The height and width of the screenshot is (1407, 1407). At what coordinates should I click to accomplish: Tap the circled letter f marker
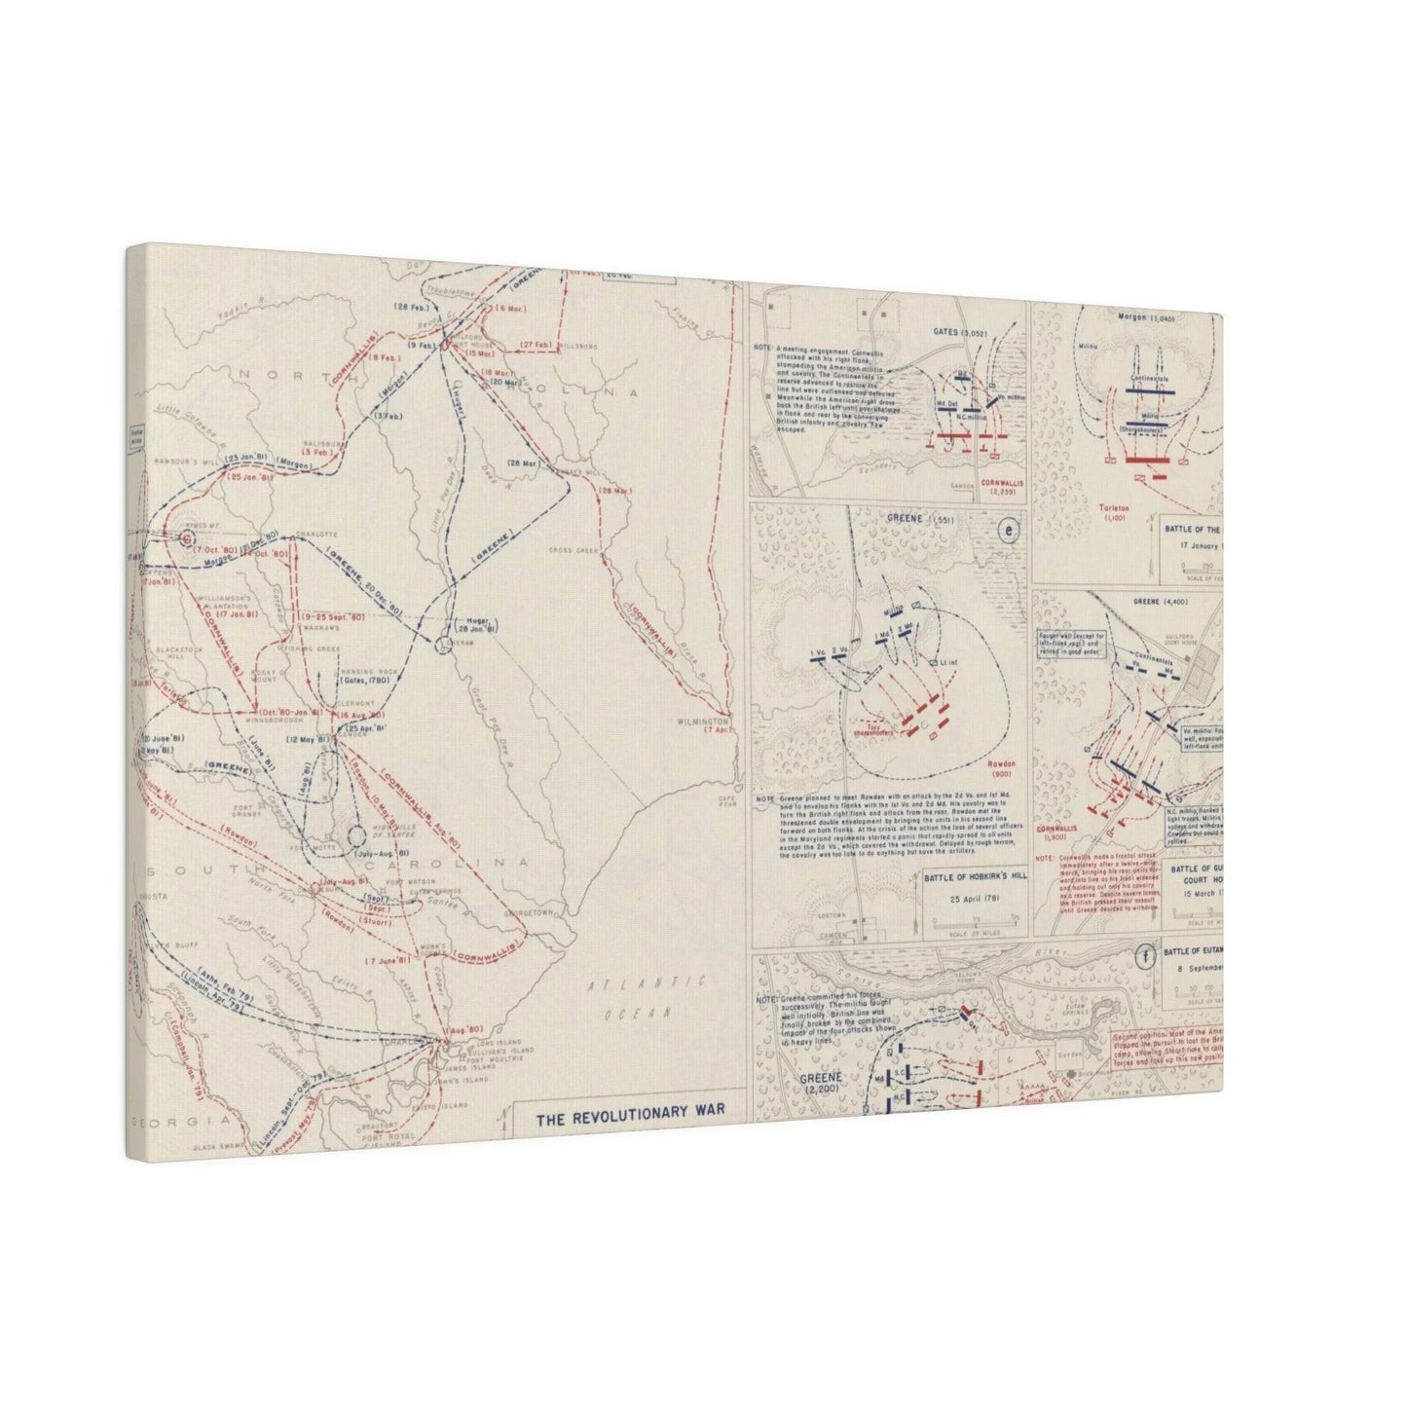coord(1145,955)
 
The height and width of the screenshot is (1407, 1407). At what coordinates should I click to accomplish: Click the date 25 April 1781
coord(973,897)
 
